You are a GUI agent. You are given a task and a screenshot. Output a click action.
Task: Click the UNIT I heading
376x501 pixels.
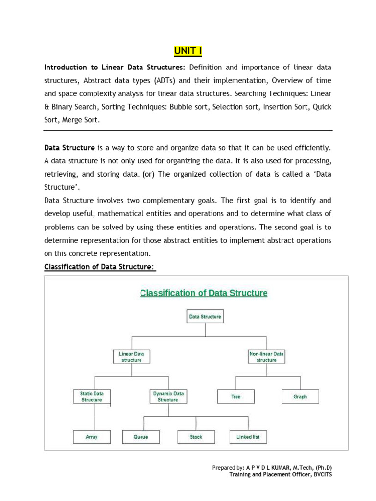188,51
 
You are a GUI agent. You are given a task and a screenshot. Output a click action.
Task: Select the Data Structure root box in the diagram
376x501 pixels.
205,317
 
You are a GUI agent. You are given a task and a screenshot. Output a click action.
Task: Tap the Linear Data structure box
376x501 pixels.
131,356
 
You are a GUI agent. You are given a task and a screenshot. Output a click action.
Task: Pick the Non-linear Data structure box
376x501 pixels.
266,356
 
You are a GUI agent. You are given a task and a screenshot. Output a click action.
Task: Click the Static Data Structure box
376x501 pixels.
92,396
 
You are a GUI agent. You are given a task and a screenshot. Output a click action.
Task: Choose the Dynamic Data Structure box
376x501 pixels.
168,396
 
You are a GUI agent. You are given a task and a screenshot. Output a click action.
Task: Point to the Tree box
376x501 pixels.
236,396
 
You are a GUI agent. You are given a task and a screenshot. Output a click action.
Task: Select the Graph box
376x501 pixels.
300,396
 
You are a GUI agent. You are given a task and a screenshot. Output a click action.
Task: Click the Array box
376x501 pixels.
92,437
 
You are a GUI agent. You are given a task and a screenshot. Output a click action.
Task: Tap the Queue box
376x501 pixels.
141,437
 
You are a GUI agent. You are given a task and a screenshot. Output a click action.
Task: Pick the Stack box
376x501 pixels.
196,437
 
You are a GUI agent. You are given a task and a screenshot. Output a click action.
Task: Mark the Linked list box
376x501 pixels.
248,437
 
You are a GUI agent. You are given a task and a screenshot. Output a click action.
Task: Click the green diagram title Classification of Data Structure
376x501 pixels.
204,293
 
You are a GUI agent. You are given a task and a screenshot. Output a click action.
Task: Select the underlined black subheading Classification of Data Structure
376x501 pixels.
99,267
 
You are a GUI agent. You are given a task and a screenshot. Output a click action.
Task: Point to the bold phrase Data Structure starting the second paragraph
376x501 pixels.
70,147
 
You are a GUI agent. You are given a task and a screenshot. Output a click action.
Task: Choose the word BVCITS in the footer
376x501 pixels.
320,475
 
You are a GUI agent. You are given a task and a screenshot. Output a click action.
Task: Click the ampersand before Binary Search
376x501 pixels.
47,107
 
